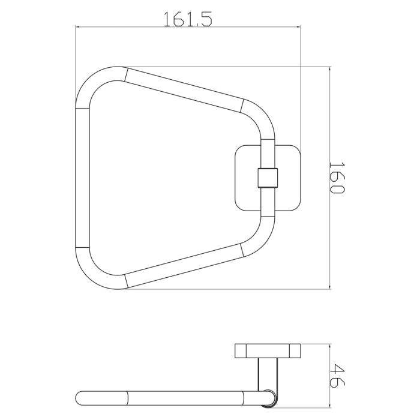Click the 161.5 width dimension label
(x=188, y=19)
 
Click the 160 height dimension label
(x=337, y=178)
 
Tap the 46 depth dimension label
(x=337, y=375)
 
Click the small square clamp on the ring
(x=268, y=178)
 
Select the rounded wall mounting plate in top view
(x=268, y=178)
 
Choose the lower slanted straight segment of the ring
(x=184, y=266)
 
